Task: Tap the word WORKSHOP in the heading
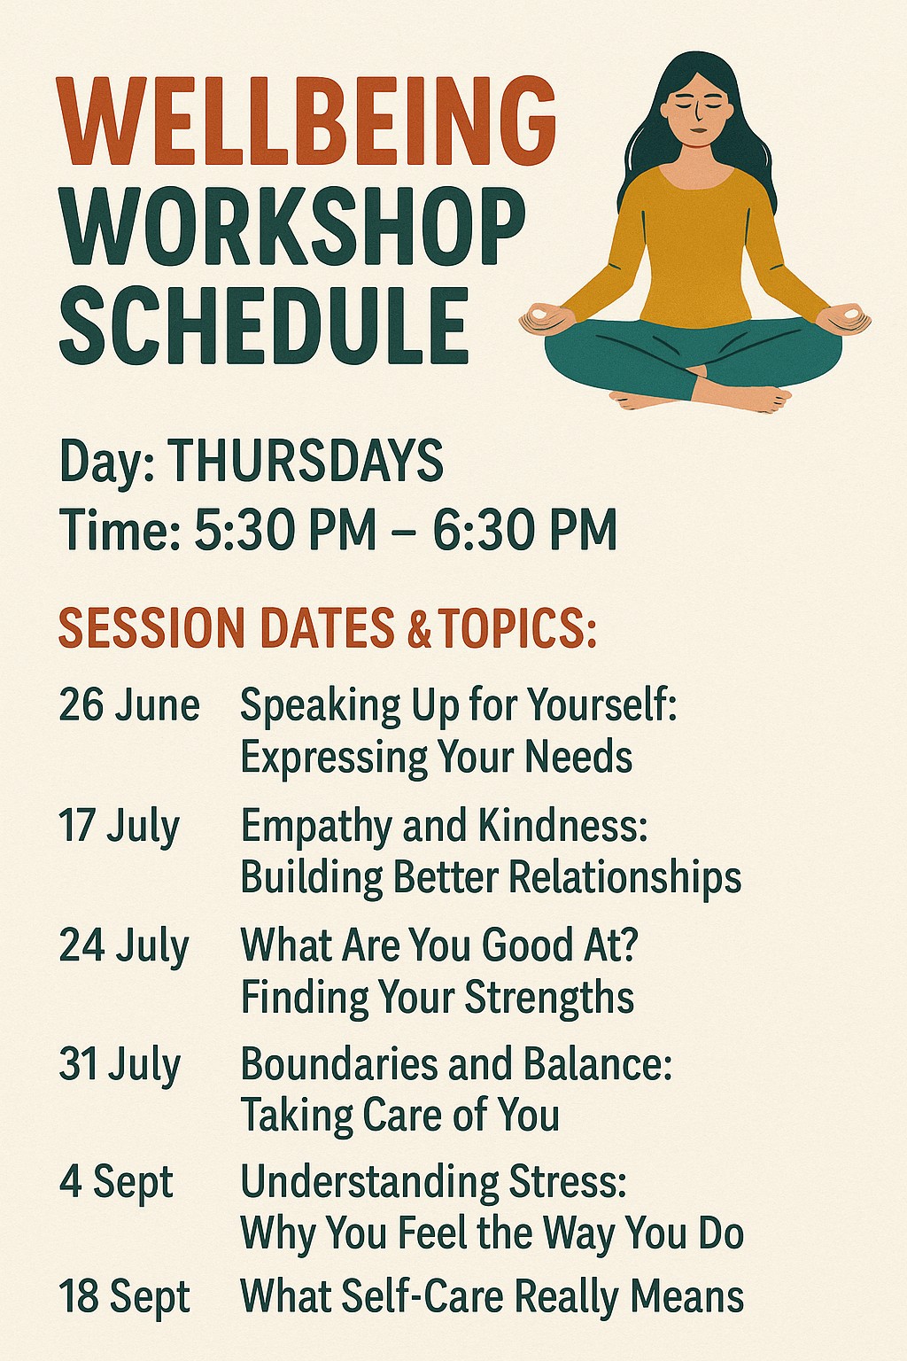pos(292,226)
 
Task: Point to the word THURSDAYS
pos(305,460)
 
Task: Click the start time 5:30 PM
pos(285,530)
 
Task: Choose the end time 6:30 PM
pos(525,530)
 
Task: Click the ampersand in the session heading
pos(419,627)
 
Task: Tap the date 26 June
pos(129,706)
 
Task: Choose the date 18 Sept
pos(125,1298)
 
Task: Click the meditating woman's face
pos(694,108)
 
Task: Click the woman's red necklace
pos(695,145)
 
